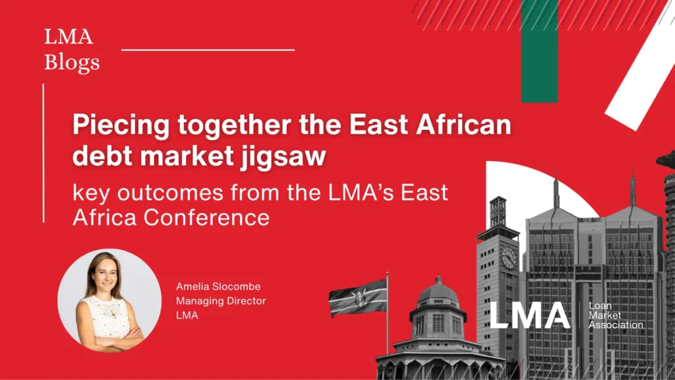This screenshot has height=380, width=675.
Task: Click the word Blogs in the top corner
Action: click(x=73, y=62)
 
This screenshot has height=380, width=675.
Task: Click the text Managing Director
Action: click(x=221, y=301)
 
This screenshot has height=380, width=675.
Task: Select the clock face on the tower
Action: click(x=508, y=258)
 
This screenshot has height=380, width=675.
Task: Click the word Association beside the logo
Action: click(x=616, y=325)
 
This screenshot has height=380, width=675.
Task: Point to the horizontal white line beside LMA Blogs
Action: click(x=208, y=49)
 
